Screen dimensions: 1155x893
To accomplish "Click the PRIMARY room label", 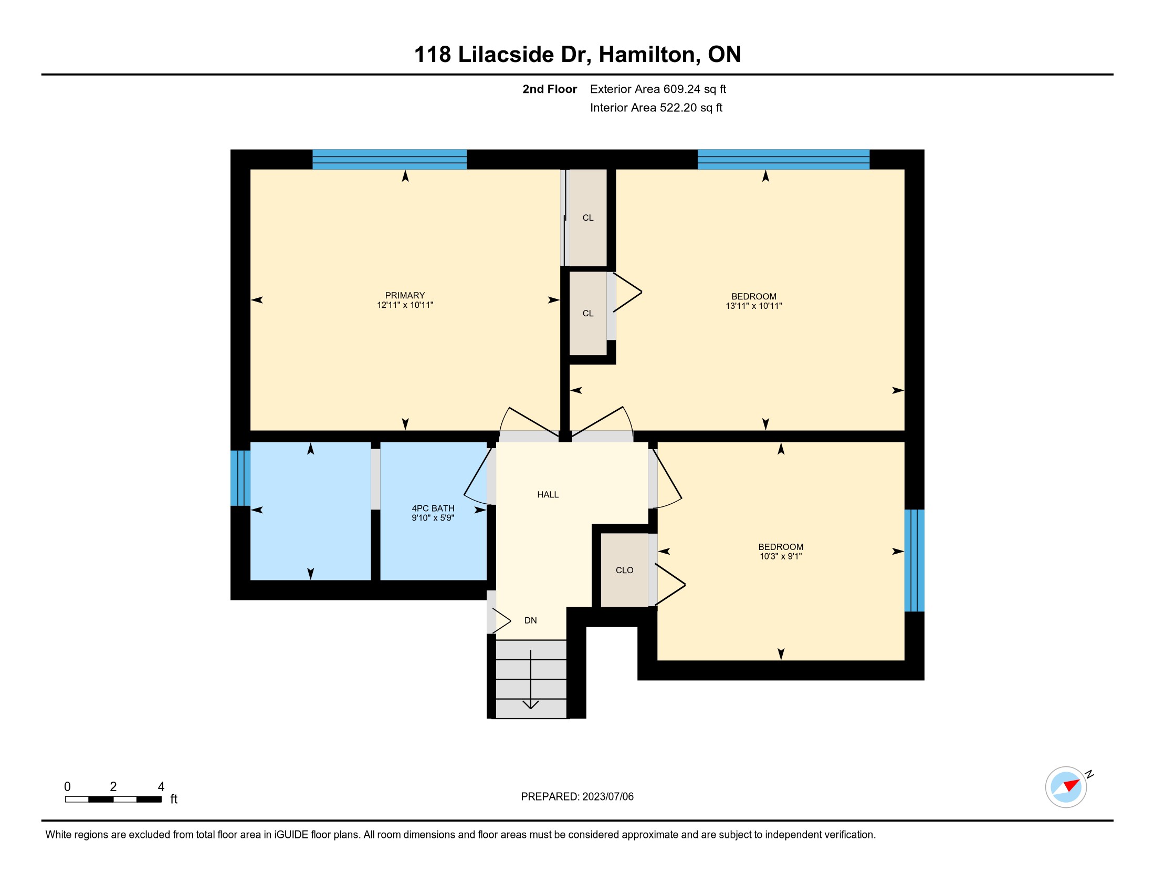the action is click(405, 295).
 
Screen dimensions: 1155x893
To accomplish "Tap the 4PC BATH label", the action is click(433, 508).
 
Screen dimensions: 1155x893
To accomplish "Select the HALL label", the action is click(548, 495).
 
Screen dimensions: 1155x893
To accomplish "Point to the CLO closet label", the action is click(625, 570).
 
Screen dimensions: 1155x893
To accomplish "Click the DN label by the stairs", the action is click(530, 620).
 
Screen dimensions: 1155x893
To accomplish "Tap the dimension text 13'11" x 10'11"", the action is click(753, 306).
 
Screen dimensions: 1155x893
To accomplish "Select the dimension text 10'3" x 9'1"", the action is click(781, 556).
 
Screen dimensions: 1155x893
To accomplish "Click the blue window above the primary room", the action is click(389, 159).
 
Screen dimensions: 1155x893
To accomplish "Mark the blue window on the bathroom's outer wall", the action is click(240, 478).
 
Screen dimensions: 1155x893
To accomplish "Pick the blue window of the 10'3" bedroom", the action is click(915, 560).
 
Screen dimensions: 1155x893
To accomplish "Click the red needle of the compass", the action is click(1072, 785).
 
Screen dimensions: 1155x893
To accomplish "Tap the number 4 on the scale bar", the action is click(161, 787).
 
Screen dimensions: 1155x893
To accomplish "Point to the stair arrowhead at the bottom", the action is click(530, 704).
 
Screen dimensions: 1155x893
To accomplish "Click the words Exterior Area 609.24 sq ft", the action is click(658, 89).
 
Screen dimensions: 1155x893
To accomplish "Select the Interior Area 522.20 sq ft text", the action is click(656, 107).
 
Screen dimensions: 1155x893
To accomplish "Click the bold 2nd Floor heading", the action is click(550, 89).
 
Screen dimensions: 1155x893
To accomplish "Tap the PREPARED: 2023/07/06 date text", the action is click(577, 797).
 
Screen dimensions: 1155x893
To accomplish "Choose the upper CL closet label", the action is click(588, 218).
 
